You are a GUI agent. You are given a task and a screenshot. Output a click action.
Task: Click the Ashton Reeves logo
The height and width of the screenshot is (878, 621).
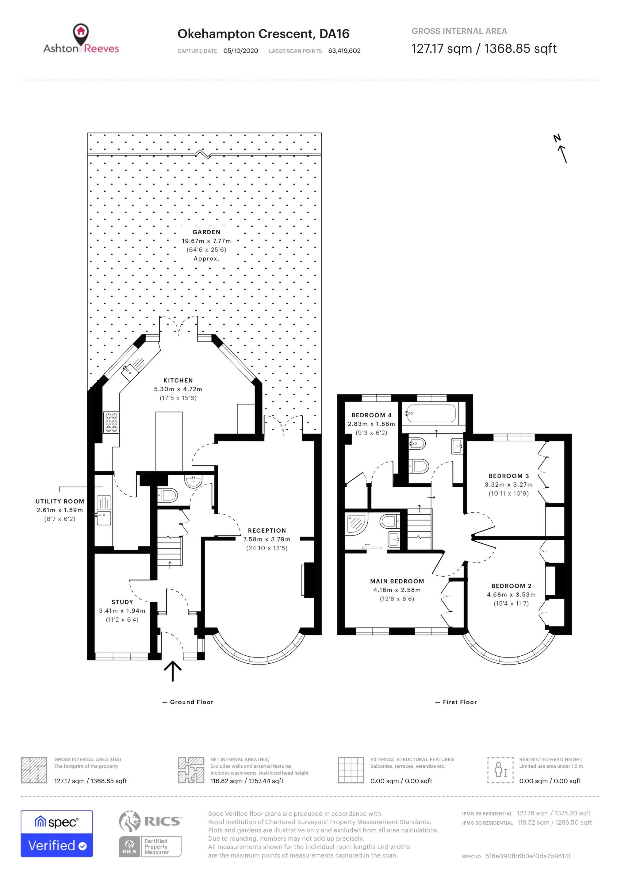pyautogui.click(x=81, y=39)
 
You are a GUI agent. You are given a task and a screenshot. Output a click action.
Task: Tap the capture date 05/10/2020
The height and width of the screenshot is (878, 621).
pyautogui.click(x=240, y=51)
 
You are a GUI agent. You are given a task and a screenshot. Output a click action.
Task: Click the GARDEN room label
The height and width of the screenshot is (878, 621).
pyautogui.click(x=206, y=232)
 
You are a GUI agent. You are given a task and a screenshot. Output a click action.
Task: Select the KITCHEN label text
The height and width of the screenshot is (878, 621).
pyautogui.click(x=178, y=381)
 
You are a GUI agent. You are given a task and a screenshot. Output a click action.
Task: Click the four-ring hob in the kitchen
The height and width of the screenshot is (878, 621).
pyautogui.click(x=111, y=423)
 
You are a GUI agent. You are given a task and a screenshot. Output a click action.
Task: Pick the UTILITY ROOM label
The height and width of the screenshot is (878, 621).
pyautogui.click(x=60, y=501)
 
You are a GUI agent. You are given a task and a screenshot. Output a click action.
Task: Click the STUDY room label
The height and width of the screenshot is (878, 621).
pyautogui.click(x=122, y=602)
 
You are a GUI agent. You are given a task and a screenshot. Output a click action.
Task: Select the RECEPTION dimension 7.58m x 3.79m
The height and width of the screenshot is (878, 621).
pyautogui.click(x=267, y=539)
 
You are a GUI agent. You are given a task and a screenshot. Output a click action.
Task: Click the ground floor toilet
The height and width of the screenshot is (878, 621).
pyautogui.click(x=167, y=496)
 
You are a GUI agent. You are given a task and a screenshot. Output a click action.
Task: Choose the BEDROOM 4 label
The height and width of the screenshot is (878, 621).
pyautogui.click(x=371, y=415)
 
